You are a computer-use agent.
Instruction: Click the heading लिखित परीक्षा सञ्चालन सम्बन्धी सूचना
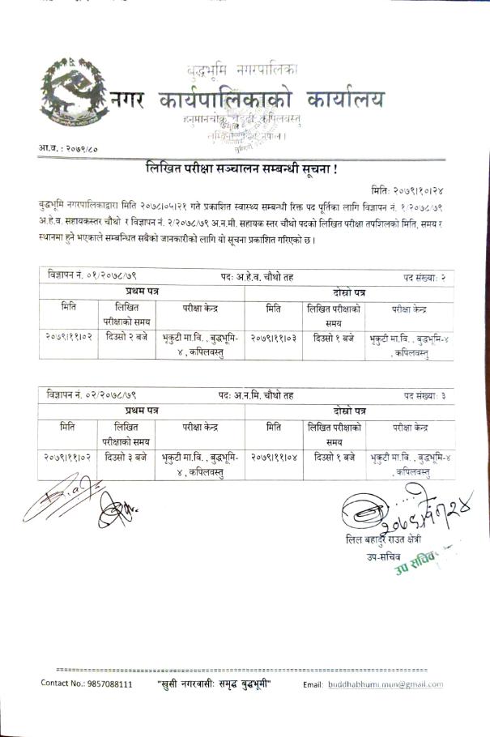240,170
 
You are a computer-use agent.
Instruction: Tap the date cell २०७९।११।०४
273,458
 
